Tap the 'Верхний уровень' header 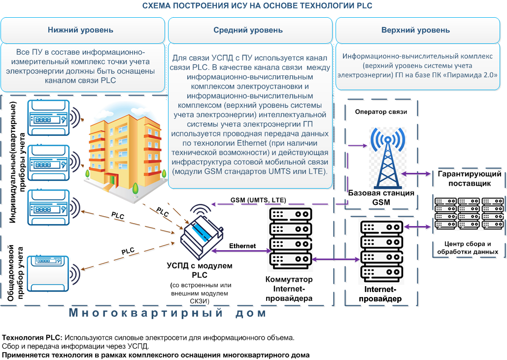[x=415, y=30]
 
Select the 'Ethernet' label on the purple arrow [x=242, y=246]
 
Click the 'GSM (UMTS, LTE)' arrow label [x=258, y=200]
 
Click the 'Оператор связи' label [x=381, y=112]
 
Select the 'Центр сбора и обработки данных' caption [x=468, y=248]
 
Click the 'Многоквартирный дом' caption [x=168, y=313]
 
